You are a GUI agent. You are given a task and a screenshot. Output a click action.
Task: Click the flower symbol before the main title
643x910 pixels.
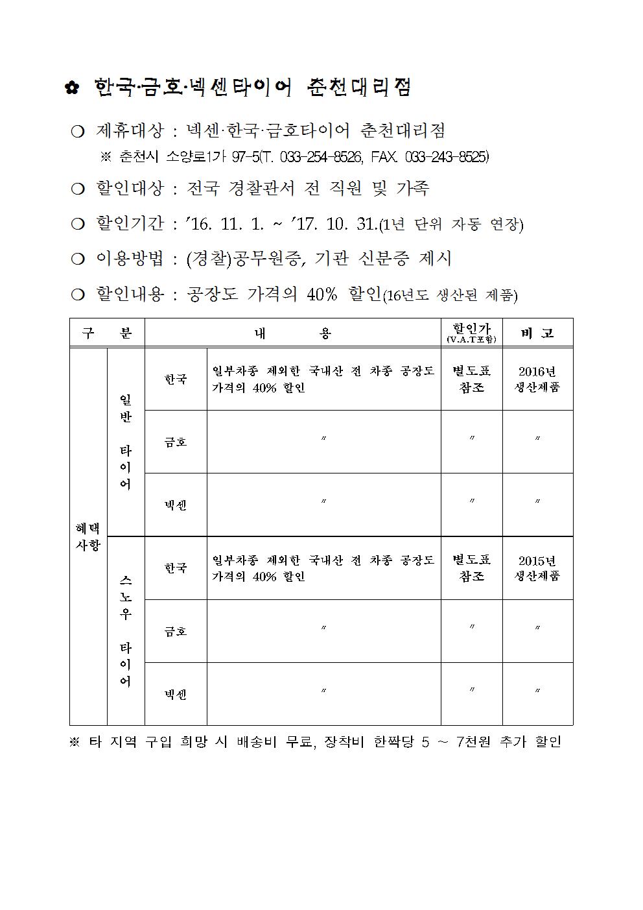[x=72, y=88]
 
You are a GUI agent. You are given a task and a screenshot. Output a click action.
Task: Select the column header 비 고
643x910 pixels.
[x=537, y=333]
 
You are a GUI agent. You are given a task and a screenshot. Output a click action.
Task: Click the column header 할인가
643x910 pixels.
[x=471, y=330]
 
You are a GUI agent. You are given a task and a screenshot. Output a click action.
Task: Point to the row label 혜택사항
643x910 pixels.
[x=88, y=536]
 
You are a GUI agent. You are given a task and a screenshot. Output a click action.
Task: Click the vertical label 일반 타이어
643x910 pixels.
[x=126, y=442]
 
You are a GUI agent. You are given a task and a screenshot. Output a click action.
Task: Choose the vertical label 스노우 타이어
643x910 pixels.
[x=126, y=630]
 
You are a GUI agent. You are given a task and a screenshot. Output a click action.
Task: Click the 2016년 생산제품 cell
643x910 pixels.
[x=537, y=379]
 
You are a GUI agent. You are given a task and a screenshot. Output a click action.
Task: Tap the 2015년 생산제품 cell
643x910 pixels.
[x=537, y=568]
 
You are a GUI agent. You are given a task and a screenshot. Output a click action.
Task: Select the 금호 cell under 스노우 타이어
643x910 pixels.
[x=176, y=631]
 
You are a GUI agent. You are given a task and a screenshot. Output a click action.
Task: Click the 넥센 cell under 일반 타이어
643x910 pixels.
[x=176, y=505]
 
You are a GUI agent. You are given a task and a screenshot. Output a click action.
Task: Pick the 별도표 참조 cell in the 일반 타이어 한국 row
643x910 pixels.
[x=471, y=379]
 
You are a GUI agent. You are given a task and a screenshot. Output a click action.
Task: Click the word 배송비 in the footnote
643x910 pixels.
[x=290, y=741]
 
